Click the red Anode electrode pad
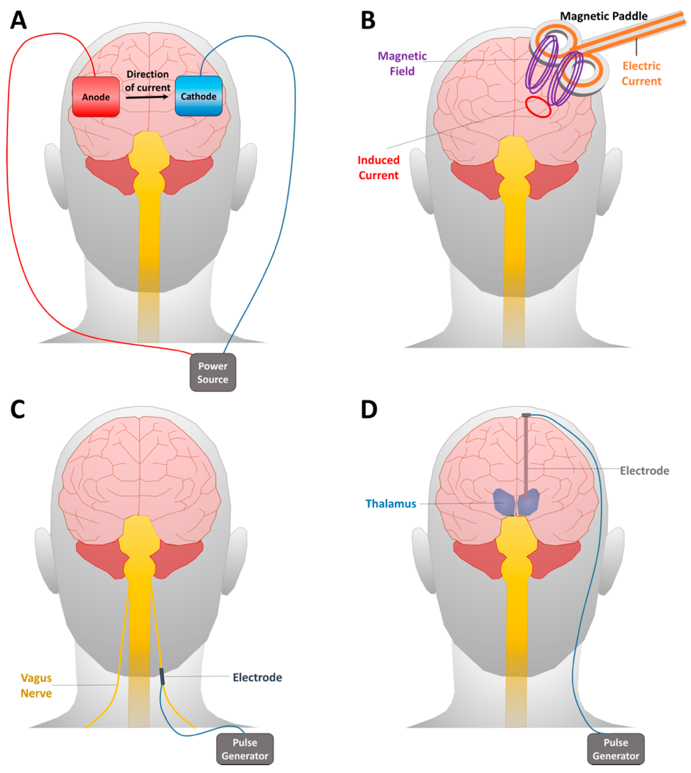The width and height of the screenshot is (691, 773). pyautogui.click(x=96, y=97)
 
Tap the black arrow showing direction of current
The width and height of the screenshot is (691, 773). pyautogui.click(x=147, y=97)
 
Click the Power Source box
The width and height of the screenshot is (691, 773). pyautogui.click(x=213, y=372)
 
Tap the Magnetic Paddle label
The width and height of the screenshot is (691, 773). pyautogui.click(x=604, y=16)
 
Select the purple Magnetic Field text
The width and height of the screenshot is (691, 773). pyautogui.click(x=402, y=64)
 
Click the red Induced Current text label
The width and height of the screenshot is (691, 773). pyautogui.click(x=378, y=168)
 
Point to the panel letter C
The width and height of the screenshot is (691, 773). pyautogui.click(x=17, y=409)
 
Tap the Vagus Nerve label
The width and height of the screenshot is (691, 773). pyautogui.click(x=36, y=686)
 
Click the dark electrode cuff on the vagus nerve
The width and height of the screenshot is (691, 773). pyautogui.click(x=162, y=676)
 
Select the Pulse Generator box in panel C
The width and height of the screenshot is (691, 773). pyautogui.click(x=245, y=749)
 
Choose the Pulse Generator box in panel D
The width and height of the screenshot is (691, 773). pyautogui.click(x=616, y=749)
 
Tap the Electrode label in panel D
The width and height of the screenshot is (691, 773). pyautogui.click(x=644, y=471)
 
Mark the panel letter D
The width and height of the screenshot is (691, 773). pyautogui.click(x=369, y=409)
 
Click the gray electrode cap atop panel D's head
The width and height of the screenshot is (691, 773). pyautogui.click(x=526, y=415)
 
